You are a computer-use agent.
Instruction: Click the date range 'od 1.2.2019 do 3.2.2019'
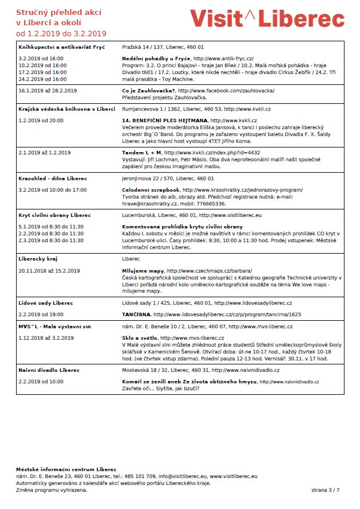coord(61,33)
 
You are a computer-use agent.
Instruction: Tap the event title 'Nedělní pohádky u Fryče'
coord(157,59)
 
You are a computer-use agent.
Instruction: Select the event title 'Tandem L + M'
coord(142,153)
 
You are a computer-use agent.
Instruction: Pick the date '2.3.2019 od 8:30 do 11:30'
coord(51,240)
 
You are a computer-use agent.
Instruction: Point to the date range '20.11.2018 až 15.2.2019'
coord(49,270)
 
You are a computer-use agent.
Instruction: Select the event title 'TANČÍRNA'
coord(137,314)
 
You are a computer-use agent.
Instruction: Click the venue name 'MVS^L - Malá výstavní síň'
coord(56,326)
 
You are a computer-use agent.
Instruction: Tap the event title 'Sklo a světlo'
coord(140,338)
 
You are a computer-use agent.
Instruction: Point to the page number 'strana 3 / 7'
coord(326,489)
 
